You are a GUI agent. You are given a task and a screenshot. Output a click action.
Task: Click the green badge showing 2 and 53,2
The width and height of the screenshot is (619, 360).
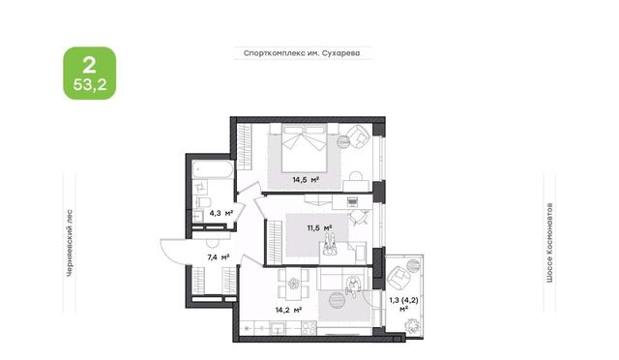pos(90,74)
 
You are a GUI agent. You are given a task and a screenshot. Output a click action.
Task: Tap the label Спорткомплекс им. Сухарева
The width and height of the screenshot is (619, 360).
pos(302,53)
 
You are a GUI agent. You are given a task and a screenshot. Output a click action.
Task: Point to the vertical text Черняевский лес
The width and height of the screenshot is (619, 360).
pos(70,243)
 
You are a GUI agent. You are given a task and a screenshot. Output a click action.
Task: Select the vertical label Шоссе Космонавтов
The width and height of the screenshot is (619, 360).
pos(549,243)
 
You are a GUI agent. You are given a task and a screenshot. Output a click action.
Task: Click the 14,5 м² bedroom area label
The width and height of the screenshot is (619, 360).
pos(306,180)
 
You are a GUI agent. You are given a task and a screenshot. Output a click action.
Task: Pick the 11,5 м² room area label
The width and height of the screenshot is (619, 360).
pos(319,228)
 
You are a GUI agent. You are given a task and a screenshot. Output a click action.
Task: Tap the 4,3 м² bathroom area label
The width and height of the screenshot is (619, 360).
pos(221,214)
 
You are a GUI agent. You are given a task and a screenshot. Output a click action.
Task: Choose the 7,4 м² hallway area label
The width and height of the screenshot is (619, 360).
pos(219,257)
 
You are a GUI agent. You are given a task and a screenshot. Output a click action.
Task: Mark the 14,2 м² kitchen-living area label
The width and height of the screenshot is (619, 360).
pos(288,311)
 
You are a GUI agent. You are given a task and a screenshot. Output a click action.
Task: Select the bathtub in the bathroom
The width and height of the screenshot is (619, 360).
pos(213,169)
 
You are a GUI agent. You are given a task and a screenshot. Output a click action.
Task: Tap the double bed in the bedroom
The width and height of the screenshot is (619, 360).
pos(304,147)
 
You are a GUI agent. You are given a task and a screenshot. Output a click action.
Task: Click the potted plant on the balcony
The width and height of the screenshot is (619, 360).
pos(412,325)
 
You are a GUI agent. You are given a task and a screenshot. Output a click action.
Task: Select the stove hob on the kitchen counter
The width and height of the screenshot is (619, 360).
pos(309,328)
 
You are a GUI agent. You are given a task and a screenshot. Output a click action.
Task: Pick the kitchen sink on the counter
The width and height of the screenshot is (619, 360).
pos(279,328)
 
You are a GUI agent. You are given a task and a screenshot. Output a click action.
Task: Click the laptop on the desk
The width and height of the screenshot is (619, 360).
pos(352,202)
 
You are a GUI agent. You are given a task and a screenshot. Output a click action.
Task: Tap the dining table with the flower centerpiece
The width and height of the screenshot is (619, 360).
pos(293,284)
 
